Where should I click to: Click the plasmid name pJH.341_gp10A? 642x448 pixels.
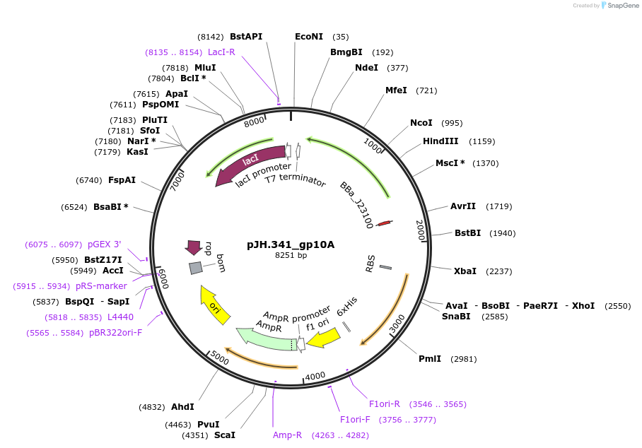[x=291, y=244]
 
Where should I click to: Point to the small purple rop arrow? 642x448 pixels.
[x=193, y=247]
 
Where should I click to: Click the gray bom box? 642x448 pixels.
[x=196, y=268]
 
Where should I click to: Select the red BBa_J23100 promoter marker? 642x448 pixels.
[x=384, y=223]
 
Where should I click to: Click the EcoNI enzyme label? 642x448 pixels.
[x=309, y=37]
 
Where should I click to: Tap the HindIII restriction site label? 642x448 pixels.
[x=440, y=141]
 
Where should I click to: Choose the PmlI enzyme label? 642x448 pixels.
[x=429, y=359]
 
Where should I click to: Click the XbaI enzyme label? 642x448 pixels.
[x=465, y=271]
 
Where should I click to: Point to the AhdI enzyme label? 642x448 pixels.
[x=182, y=407]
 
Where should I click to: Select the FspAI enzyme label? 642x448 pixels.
[x=122, y=180]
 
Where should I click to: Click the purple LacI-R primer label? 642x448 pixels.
[x=221, y=52]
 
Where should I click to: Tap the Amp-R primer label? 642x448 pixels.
[x=288, y=435]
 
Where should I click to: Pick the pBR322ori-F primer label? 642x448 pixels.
[x=115, y=333]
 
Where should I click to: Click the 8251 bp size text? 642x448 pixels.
[x=291, y=255]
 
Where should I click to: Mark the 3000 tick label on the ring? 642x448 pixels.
[x=397, y=324]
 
